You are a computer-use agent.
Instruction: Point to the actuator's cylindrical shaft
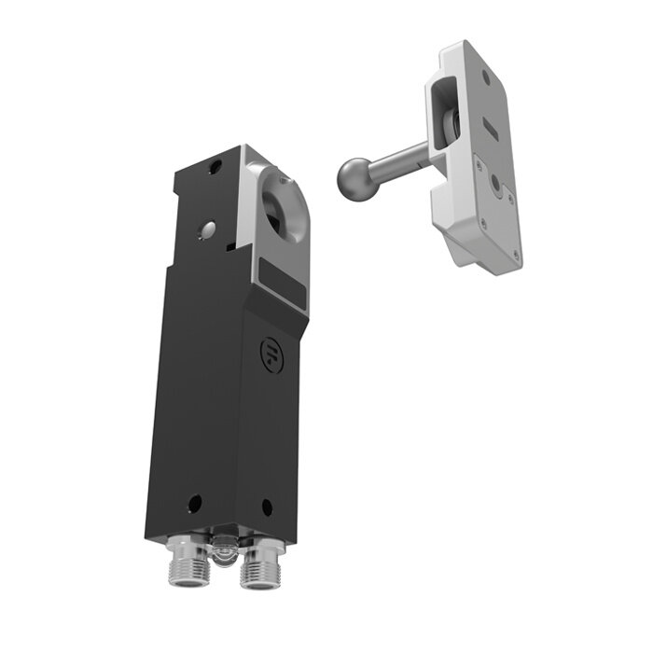click(x=396, y=160)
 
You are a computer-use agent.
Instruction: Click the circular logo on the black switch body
click(x=270, y=351)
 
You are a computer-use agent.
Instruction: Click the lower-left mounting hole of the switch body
click(x=193, y=503)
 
